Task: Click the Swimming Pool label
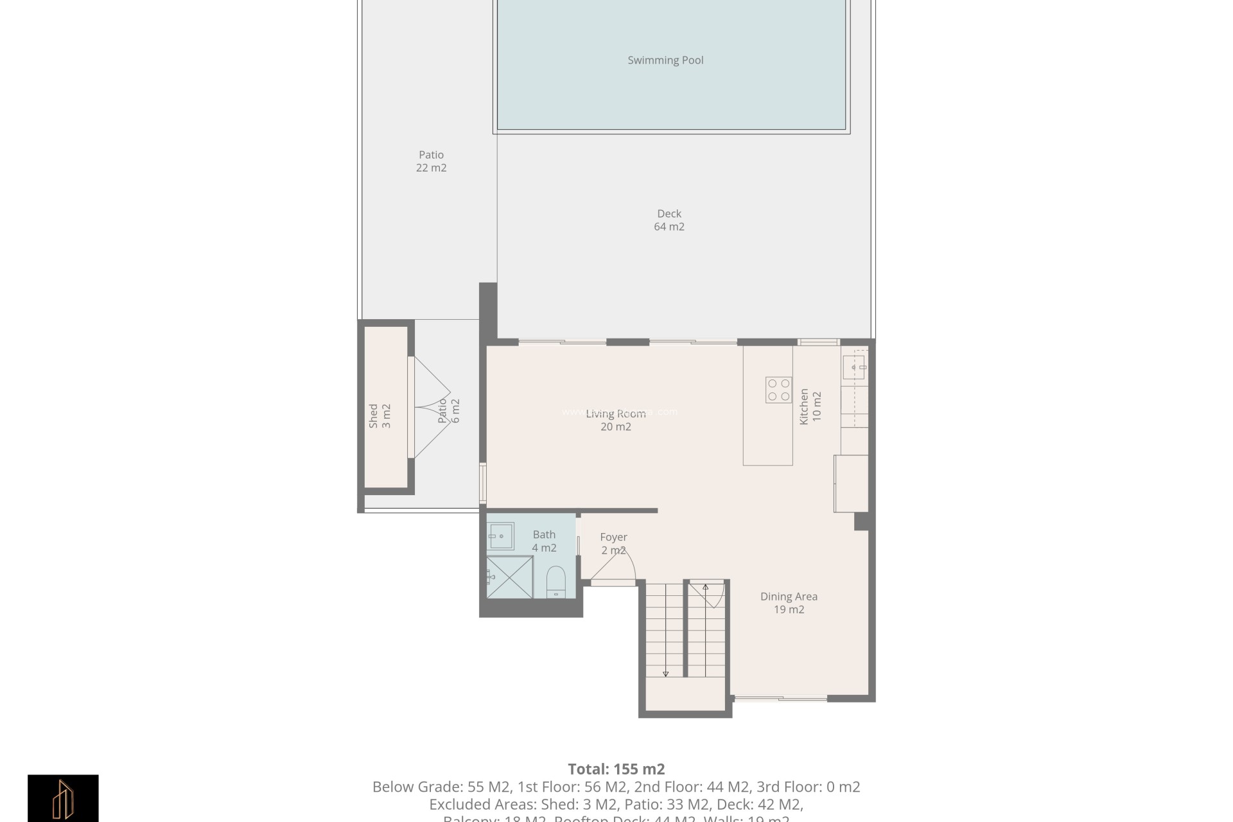665,60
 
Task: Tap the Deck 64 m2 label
669,220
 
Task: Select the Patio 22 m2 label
431,161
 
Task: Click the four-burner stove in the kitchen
778,390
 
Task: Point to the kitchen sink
855,367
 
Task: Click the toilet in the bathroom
555,581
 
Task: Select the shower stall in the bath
509,577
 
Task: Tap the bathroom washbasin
500,536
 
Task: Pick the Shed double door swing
432,407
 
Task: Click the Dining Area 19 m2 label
789,603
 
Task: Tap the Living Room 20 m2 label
615,420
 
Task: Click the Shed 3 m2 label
380,416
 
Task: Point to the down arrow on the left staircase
665,673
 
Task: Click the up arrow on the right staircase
705,587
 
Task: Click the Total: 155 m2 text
616,769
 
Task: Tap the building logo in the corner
63,798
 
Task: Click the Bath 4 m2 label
544,541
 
